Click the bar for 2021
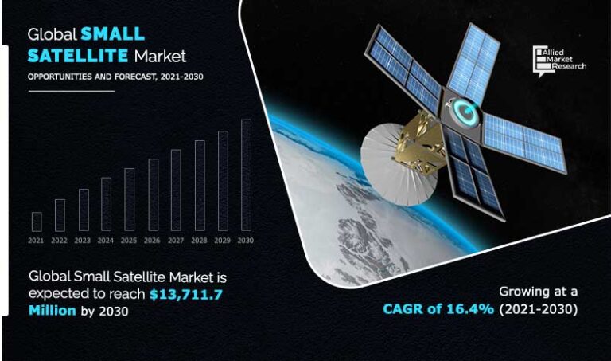click(x=37, y=222)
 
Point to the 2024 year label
click(x=106, y=240)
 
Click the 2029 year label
click(x=222, y=240)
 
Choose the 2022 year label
click(x=59, y=240)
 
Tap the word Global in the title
click(x=52, y=34)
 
